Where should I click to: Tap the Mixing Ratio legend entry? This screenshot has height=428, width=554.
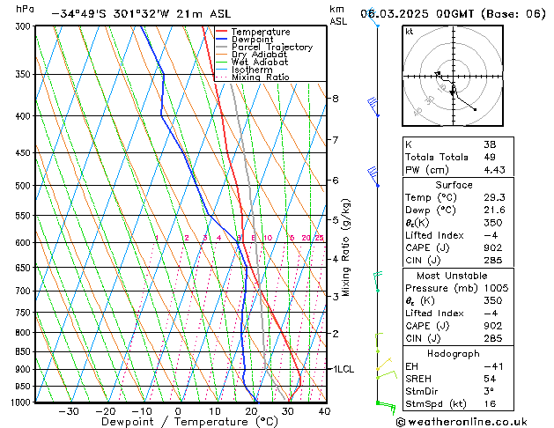(x=261, y=77)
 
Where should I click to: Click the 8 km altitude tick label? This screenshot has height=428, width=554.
(x=336, y=99)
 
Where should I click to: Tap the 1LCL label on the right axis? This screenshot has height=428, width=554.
(x=342, y=369)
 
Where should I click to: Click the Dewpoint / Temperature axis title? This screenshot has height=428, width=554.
(x=177, y=422)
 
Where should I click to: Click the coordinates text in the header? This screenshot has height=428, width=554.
(x=127, y=14)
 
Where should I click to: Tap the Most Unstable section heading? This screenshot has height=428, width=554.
(x=454, y=276)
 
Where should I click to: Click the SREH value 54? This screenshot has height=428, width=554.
(x=489, y=379)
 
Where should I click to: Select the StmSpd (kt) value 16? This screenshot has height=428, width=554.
(x=489, y=405)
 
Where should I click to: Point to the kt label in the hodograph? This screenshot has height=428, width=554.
(x=410, y=31)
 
